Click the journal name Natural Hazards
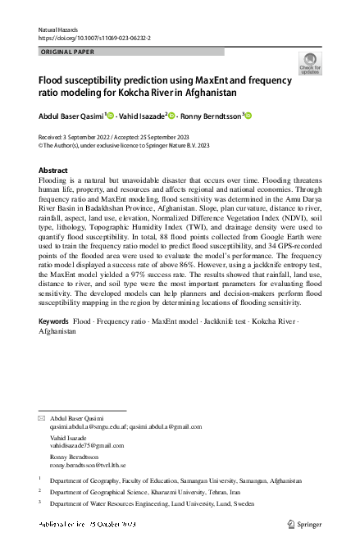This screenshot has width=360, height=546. tap(58, 29)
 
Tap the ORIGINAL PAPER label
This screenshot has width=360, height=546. tap(68, 52)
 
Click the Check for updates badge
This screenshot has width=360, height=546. tap(310, 64)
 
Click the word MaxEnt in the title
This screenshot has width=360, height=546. tap(226, 81)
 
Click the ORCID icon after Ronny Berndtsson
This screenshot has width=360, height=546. tap(248, 116)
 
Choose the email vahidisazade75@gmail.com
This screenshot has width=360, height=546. tap(86, 445)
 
